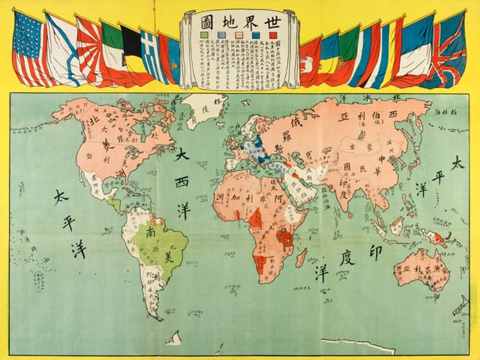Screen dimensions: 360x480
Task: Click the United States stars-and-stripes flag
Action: point(29,48)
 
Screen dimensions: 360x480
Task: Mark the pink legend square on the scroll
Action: point(239,34)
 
